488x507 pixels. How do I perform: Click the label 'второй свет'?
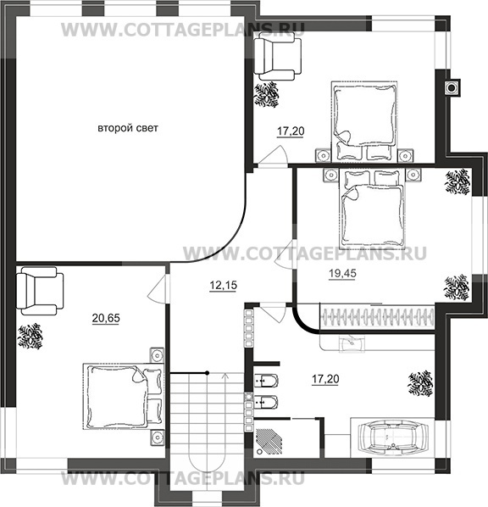(128, 128)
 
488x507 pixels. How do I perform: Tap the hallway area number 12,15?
(224, 285)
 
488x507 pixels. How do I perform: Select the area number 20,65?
(106, 318)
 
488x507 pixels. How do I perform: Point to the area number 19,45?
(342, 273)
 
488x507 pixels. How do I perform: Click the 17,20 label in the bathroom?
(325, 379)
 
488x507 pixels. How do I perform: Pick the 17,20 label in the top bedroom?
(291, 131)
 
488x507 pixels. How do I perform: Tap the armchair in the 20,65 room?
(40, 291)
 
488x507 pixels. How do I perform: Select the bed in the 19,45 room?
(372, 209)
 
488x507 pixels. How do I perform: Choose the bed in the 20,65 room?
(124, 397)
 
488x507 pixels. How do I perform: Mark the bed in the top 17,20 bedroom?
(364, 121)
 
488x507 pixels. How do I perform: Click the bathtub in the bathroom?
(393, 437)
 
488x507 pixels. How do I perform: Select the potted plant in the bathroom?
(420, 383)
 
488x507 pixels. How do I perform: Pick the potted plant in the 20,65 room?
(30, 337)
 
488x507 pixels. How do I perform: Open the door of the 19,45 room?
(286, 253)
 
